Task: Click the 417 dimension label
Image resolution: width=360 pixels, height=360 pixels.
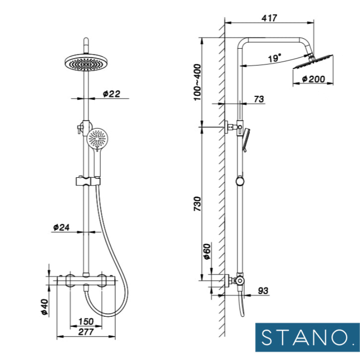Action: [x=269, y=18]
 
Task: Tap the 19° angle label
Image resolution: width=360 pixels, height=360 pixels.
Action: [x=274, y=58]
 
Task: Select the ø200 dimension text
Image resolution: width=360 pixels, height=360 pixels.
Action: [x=314, y=79]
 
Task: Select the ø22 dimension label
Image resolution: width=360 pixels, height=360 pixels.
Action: [x=112, y=94]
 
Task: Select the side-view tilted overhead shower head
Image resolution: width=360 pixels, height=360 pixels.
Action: [x=312, y=63]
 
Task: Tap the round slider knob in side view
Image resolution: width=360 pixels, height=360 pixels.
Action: [x=240, y=181]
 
